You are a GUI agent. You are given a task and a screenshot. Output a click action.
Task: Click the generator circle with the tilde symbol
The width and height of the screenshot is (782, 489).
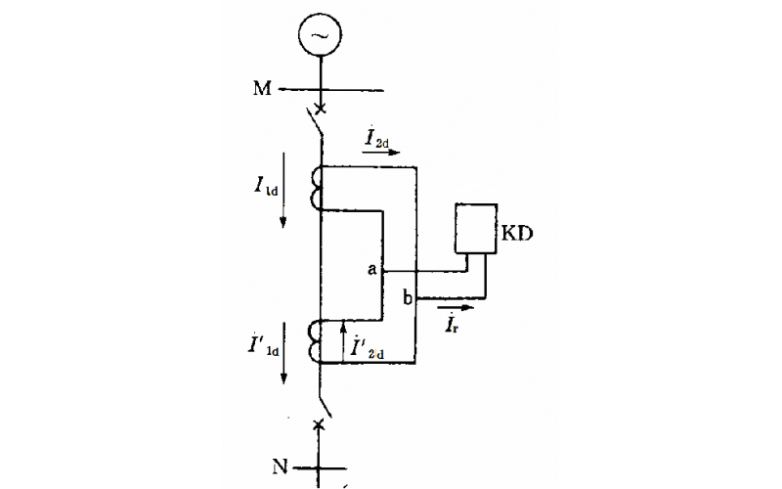321,36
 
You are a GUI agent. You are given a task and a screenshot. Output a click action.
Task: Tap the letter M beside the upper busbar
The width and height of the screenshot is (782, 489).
262,90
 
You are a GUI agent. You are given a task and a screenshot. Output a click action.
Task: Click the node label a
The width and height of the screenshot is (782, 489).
372,269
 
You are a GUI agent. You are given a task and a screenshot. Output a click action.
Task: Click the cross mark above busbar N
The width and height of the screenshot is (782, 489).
320,423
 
